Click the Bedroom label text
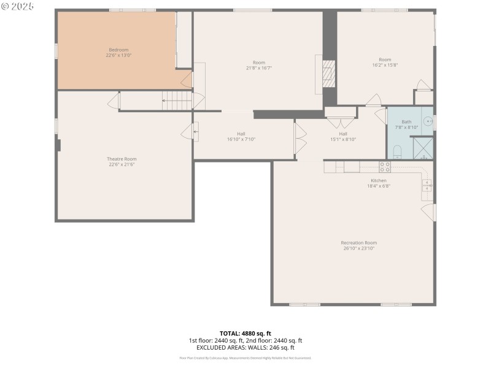coord(118,50)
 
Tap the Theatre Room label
coord(122,159)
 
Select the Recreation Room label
coord(358,243)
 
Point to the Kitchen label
coord(378,180)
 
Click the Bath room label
coord(406,121)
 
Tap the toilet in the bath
coord(396,151)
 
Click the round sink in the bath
coord(428,121)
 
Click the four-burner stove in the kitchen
coord(385,166)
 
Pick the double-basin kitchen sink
coord(427,185)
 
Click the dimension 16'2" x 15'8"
coord(385,65)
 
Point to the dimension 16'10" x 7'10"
coord(241,139)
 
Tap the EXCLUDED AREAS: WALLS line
coord(245,347)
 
